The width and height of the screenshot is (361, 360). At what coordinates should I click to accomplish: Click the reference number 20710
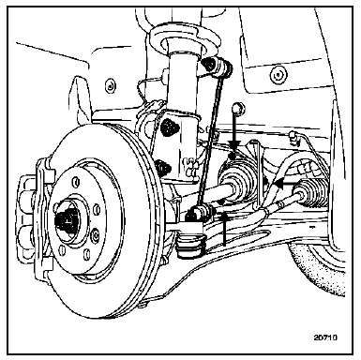coord(325,337)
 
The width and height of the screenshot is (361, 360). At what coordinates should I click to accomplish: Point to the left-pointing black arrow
coord(299,183)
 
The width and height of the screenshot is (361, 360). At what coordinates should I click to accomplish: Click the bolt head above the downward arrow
coord(239,108)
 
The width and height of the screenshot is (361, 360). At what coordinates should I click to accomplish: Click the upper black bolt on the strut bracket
coord(169,126)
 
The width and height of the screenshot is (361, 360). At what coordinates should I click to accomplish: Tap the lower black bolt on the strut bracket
coord(163,166)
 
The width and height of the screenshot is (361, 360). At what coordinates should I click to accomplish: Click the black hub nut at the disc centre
coord(66,219)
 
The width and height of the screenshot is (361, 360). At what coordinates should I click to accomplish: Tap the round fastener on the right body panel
coord(278,75)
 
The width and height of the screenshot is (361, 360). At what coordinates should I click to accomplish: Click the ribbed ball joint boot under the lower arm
coord(191,246)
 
